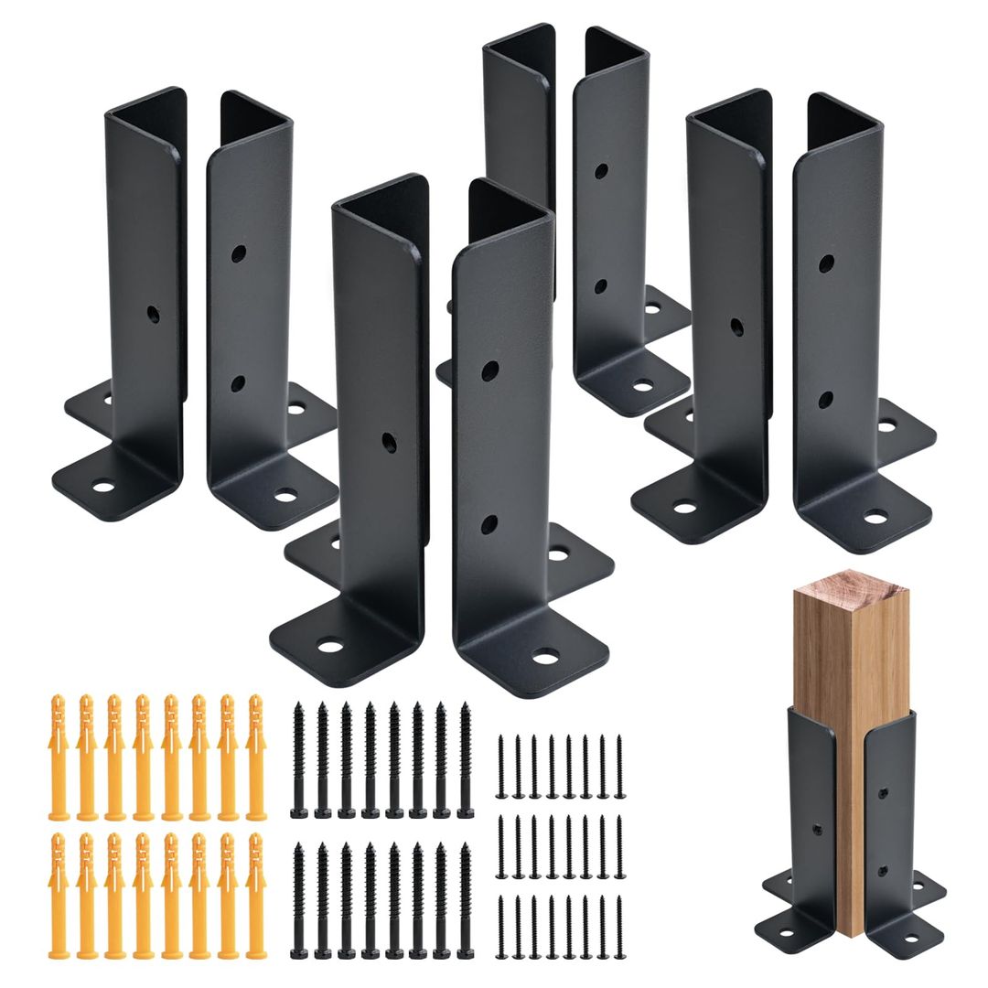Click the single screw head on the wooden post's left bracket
(x=818, y=832)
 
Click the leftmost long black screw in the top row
(x=298, y=759)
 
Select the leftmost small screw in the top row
(x=500, y=765)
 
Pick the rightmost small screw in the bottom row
(x=619, y=926)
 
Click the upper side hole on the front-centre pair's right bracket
(x=490, y=370)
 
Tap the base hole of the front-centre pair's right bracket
(x=547, y=656)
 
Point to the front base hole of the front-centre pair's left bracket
(x=331, y=647)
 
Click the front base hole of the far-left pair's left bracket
(x=102, y=486)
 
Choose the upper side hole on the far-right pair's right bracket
(x=826, y=263)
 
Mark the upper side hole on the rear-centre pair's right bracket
(x=601, y=170)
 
